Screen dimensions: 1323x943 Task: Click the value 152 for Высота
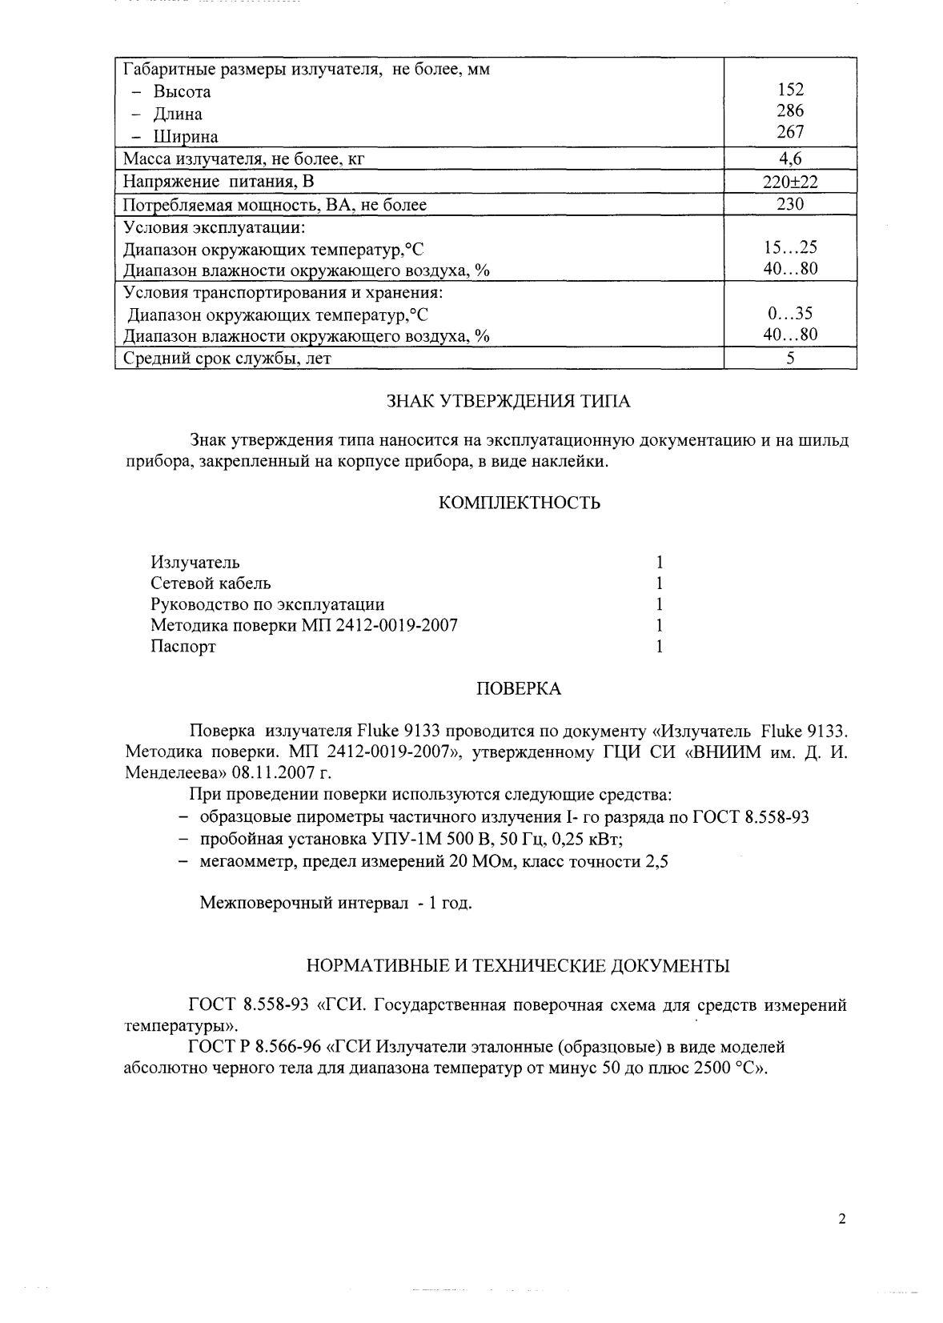click(x=789, y=90)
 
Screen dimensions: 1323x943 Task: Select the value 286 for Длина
click(x=789, y=111)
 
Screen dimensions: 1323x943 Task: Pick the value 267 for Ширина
click(x=789, y=132)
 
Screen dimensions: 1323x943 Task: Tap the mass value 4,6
click(x=789, y=158)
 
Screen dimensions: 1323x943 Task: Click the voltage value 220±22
click(x=789, y=182)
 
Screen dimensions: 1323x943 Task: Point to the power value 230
click(x=789, y=204)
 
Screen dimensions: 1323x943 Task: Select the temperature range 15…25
click(x=789, y=248)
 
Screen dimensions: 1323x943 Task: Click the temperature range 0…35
click(x=789, y=314)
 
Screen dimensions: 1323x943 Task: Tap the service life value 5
click(x=789, y=359)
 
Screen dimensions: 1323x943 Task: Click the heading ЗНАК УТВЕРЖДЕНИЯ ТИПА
click(x=508, y=402)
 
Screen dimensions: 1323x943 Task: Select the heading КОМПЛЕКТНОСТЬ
click(x=520, y=503)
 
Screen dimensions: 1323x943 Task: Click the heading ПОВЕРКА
click(x=519, y=689)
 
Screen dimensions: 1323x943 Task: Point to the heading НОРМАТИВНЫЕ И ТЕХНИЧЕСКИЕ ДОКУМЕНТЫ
click(x=518, y=966)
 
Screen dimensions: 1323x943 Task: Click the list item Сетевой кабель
click(x=211, y=583)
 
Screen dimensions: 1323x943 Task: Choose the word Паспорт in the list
click(x=183, y=647)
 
